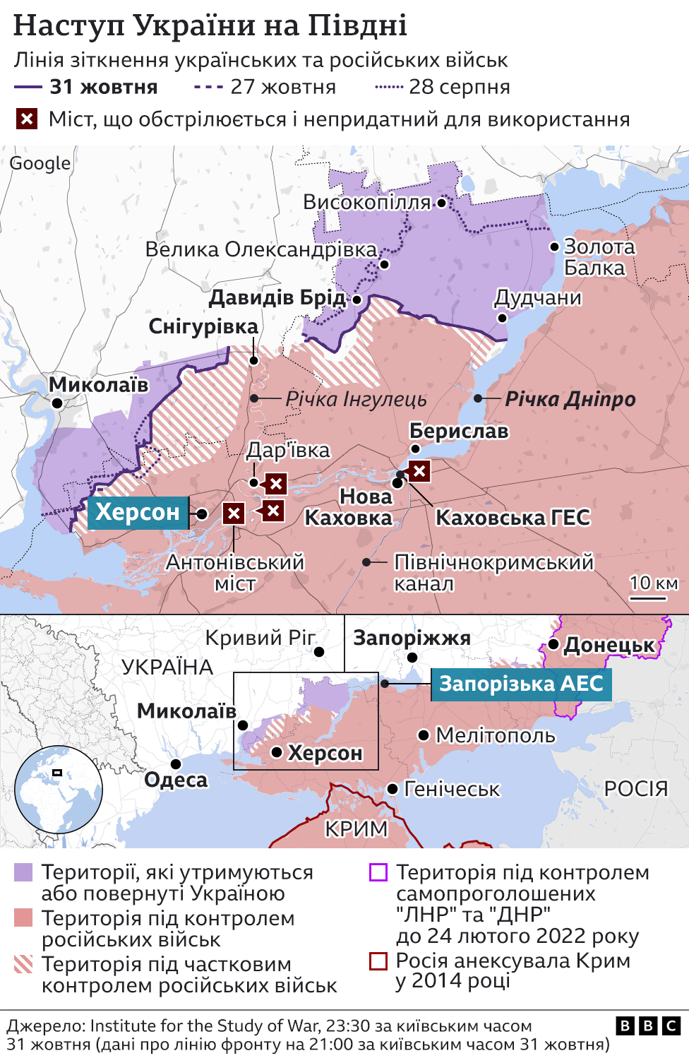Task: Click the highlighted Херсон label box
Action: (x=138, y=512)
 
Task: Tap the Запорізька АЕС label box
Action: (x=521, y=684)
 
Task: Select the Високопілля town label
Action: (x=366, y=202)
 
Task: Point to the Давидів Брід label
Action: (x=277, y=297)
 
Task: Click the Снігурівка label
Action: (x=203, y=326)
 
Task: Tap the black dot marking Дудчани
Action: (x=502, y=318)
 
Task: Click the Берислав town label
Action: (x=459, y=431)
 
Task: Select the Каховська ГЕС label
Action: (x=513, y=518)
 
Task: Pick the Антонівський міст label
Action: (x=235, y=573)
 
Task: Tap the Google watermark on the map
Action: (x=40, y=163)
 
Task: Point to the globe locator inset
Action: (x=59, y=790)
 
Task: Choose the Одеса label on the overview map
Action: (x=176, y=780)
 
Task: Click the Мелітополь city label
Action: (x=496, y=735)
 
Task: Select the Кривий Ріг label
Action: (x=260, y=638)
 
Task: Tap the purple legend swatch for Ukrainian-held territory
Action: (x=23, y=872)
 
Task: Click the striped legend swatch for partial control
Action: (x=23, y=964)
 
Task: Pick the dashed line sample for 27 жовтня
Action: (x=208, y=88)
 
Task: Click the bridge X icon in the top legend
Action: (x=27, y=119)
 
